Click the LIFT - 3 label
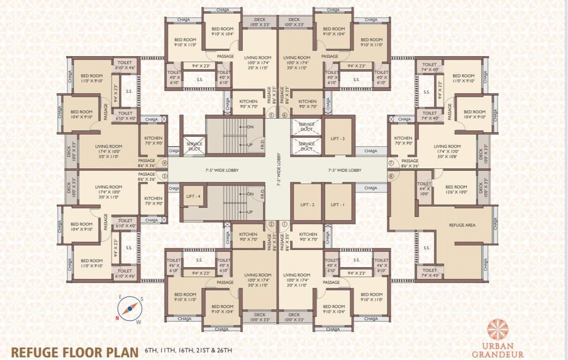338,138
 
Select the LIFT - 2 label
307,205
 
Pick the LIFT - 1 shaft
338,205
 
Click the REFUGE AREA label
462,225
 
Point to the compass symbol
130,308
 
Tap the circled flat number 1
284,224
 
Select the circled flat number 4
164,163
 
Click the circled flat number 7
391,163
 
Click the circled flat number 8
391,176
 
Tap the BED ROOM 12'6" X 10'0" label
456,189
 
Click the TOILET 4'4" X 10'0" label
424,189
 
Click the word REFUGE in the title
37,352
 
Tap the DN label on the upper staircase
250,127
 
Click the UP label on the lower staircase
250,212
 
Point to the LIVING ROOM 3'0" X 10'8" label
447,151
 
